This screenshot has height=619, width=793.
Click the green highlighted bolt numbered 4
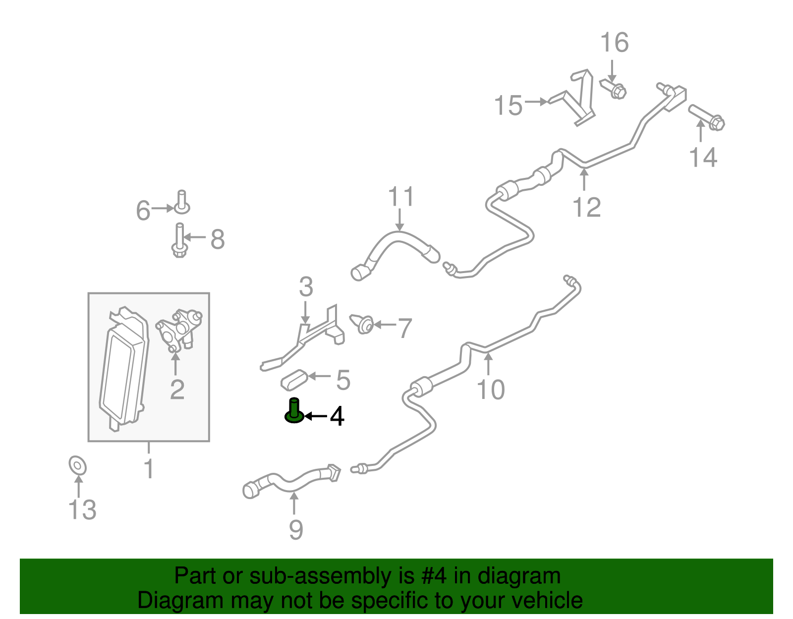coord(294,411)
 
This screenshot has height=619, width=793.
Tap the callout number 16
coord(615,43)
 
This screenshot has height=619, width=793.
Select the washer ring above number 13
coord(78,465)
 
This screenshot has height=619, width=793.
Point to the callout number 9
coord(296,530)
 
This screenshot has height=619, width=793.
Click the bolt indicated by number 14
coord(706,117)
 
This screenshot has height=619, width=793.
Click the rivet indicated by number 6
coord(182,203)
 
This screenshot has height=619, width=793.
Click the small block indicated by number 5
coord(294,380)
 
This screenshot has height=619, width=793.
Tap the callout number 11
coord(401,197)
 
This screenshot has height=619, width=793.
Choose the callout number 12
coord(586,207)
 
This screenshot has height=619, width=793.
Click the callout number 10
coord(491,390)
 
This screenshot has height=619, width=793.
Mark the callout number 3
coord(306,286)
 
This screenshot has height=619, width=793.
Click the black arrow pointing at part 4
coord(315,416)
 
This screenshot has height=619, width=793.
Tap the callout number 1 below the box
coord(149,468)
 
